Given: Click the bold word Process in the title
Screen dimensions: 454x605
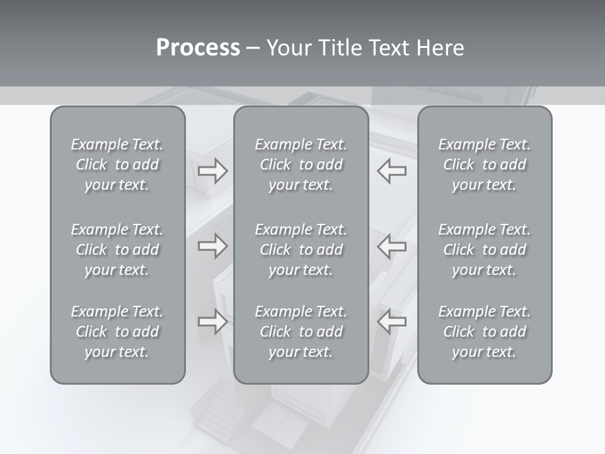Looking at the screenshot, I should point(198,48).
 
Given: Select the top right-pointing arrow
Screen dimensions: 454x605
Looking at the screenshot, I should point(212,171).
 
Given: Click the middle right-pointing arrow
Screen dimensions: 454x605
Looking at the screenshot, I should point(212,246).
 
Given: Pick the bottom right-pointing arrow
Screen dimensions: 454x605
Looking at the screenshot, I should point(212,322).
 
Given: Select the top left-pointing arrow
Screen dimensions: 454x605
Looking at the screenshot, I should point(392,171).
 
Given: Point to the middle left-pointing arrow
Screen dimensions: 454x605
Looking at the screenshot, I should point(392,246).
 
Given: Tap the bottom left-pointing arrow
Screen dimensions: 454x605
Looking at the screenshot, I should point(392,322).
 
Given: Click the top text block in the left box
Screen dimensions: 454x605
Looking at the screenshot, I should point(117,165).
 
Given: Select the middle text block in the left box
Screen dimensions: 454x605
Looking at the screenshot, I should point(117,250).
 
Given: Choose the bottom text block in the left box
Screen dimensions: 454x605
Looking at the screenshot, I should point(117,332).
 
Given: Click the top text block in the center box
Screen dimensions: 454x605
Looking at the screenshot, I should point(301,165).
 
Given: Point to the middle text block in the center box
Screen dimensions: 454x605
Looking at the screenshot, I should point(301,250).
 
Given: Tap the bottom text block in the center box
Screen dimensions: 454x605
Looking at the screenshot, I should point(301,332).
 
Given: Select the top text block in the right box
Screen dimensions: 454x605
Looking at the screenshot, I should point(485,165).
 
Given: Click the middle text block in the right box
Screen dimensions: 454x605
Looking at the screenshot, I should point(485,250).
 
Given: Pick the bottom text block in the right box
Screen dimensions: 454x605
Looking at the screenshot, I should point(485,332).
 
